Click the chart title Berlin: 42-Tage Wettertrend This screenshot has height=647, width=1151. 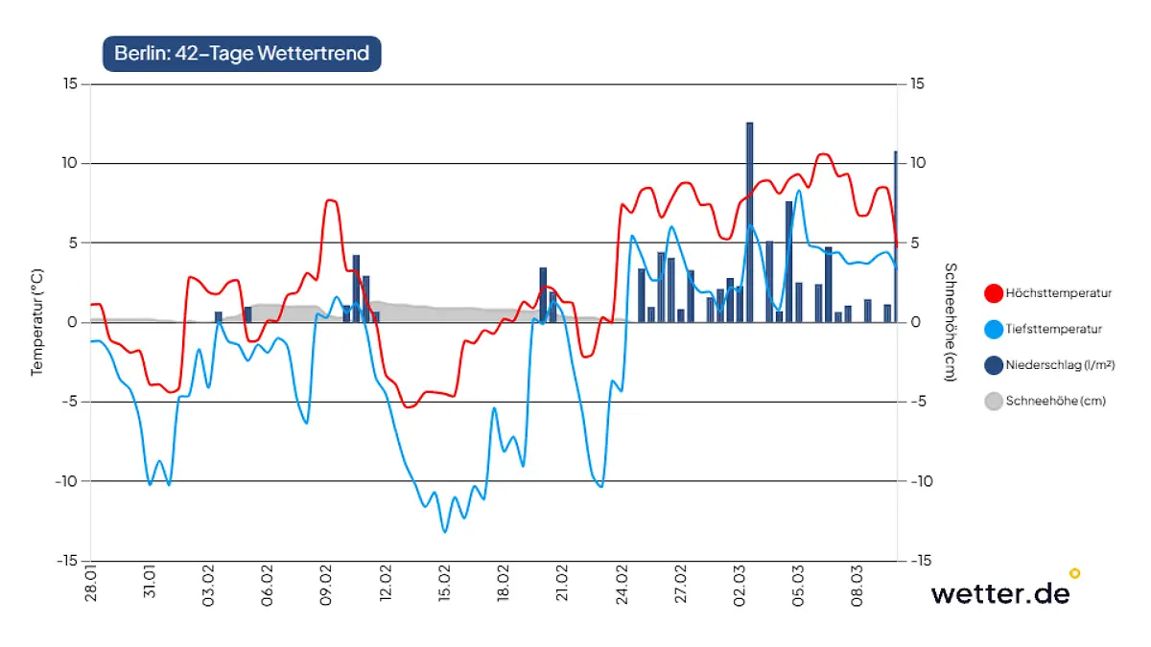coord(242,53)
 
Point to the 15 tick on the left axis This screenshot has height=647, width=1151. coord(70,84)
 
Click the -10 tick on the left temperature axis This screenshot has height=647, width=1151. coord(67,481)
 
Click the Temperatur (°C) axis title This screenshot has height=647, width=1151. coord(37,322)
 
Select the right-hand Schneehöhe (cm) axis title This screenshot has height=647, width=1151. coord(949,322)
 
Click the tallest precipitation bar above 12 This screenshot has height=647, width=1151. coord(750,220)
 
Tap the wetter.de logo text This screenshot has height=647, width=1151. coord(999,593)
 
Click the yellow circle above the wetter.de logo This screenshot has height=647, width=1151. coord(1074,573)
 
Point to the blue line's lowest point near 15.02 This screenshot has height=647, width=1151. coord(445,530)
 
